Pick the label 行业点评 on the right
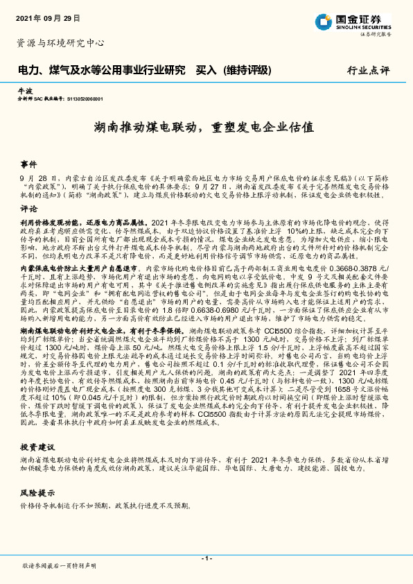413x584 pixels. (369, 70)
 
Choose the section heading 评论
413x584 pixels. (28, 209)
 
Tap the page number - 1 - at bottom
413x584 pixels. (206, 558)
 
